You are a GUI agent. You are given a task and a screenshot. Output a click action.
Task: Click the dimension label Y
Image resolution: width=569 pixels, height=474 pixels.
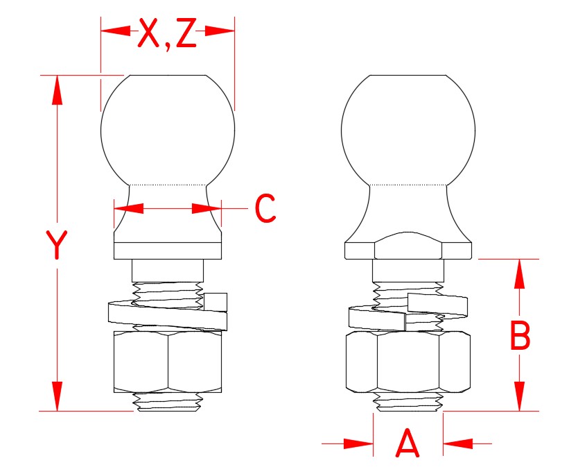[56, 245]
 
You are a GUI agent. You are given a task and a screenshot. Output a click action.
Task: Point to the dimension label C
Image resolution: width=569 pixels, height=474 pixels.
[265, 208]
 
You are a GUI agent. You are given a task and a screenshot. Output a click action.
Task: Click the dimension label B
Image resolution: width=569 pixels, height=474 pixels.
[520, 337]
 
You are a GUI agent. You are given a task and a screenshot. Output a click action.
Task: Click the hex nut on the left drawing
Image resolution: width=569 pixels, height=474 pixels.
[168, 361]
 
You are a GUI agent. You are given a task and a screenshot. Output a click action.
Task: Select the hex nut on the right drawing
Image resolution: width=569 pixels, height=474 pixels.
[408, 361]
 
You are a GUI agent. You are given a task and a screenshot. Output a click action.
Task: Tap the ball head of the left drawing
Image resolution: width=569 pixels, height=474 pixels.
[168, 128]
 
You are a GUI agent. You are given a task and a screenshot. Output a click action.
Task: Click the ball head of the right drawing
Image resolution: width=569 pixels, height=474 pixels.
[408, 128]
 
